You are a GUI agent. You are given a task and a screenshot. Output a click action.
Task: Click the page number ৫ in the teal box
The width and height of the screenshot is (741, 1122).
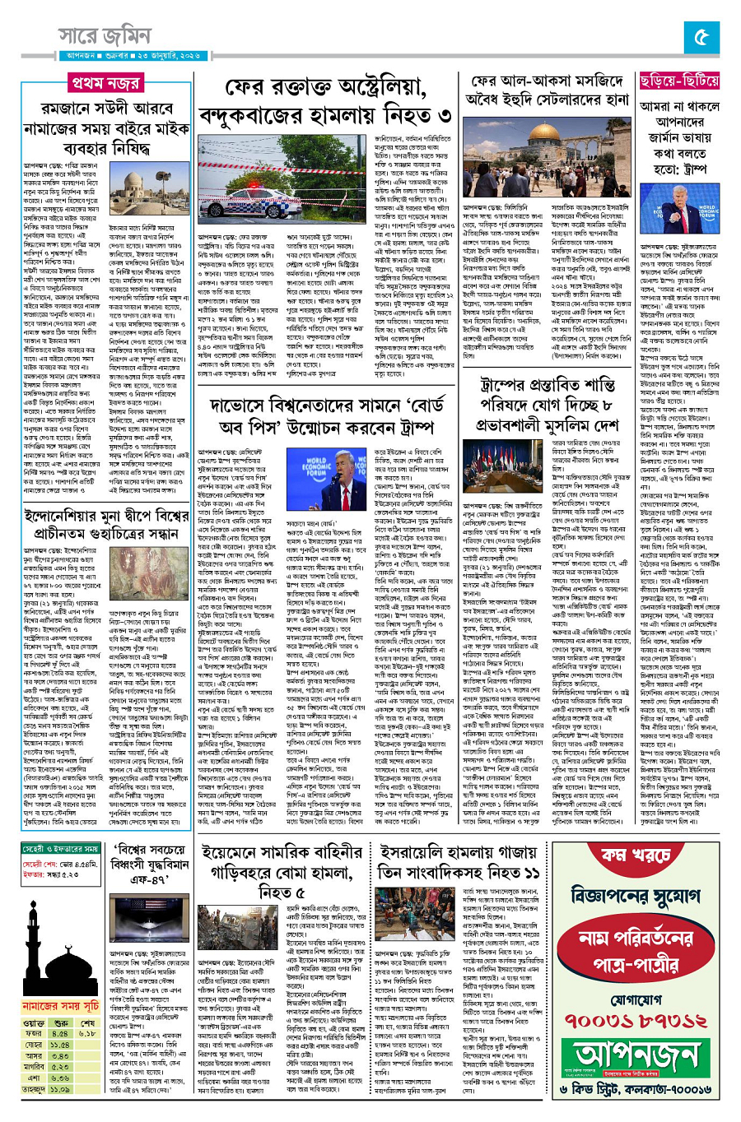(701, 38)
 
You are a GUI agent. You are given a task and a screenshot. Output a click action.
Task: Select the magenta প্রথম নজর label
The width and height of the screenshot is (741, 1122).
(105, 84)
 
